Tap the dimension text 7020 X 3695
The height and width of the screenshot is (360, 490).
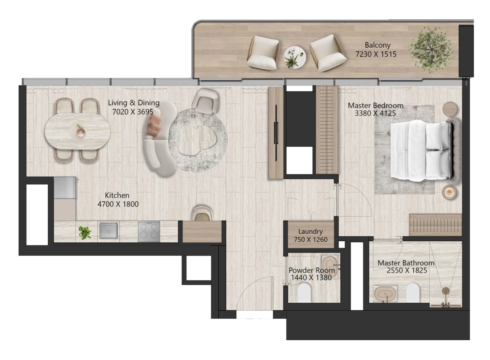[133, 112]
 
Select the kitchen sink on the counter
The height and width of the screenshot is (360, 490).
[108, 231]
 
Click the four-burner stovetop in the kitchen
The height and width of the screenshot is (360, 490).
[149, 231]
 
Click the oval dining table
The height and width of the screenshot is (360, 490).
[78, 131]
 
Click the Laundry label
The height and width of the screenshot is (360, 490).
[311, 231]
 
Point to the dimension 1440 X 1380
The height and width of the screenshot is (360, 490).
[311, 278]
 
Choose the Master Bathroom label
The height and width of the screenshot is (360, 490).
[406, 263]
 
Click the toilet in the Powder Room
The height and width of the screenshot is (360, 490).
[304, 293]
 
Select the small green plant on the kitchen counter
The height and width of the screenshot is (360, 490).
[85, 233]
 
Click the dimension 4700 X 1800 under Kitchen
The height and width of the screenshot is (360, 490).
[118, 204]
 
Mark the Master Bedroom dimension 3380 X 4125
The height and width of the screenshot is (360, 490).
[375, 113]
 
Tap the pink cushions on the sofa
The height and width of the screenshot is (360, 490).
[154, 125]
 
